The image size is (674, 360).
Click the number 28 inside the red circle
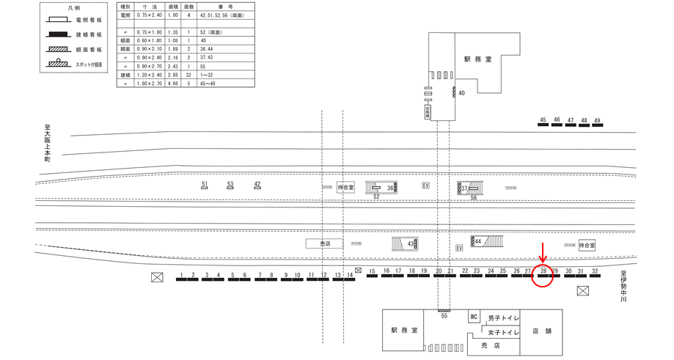pos(543,271)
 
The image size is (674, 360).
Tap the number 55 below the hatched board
pos(444,315)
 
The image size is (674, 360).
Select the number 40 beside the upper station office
pos(462,93)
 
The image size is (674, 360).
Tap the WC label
pos(474,317)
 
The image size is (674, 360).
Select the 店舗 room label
pos(543,331)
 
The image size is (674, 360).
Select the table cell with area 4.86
pos(174,84)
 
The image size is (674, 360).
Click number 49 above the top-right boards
pos(598,120)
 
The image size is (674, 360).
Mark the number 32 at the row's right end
pos(596,272)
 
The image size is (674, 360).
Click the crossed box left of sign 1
pos(156,276)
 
